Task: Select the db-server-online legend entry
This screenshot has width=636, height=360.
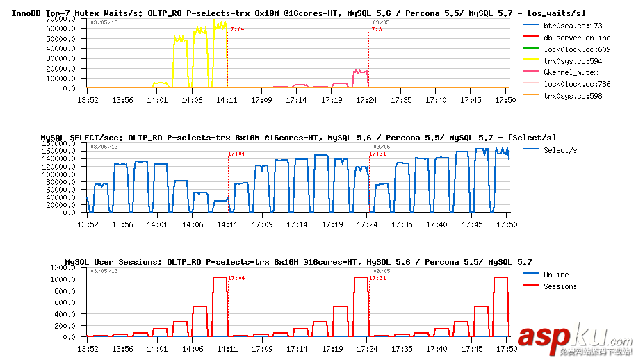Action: click(x=577, y=38)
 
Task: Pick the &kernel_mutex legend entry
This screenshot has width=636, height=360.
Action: click(x=570, y=72)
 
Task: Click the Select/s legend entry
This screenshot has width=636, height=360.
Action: click(x=560, y=150)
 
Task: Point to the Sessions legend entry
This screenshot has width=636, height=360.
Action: click(x=560, y=286)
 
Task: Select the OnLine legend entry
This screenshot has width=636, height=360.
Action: click(x=556, y=275)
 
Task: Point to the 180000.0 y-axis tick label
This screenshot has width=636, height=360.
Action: click(x=58, y=143)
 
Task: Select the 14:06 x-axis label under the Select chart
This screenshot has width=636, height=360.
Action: click(x=192, y=224)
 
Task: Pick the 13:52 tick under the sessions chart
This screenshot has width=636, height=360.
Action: click(x=88, y=348)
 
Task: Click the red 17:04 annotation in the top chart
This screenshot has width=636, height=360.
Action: click(x=236, y=29)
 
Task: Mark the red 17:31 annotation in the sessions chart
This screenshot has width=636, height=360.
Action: click(x=377, y=278)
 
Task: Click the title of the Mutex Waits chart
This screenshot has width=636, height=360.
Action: click(x=298, y=13)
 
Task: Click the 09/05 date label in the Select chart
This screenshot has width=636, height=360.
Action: click(x=381, y=147)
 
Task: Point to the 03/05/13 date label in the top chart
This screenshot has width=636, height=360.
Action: click(x=104, y=22)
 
